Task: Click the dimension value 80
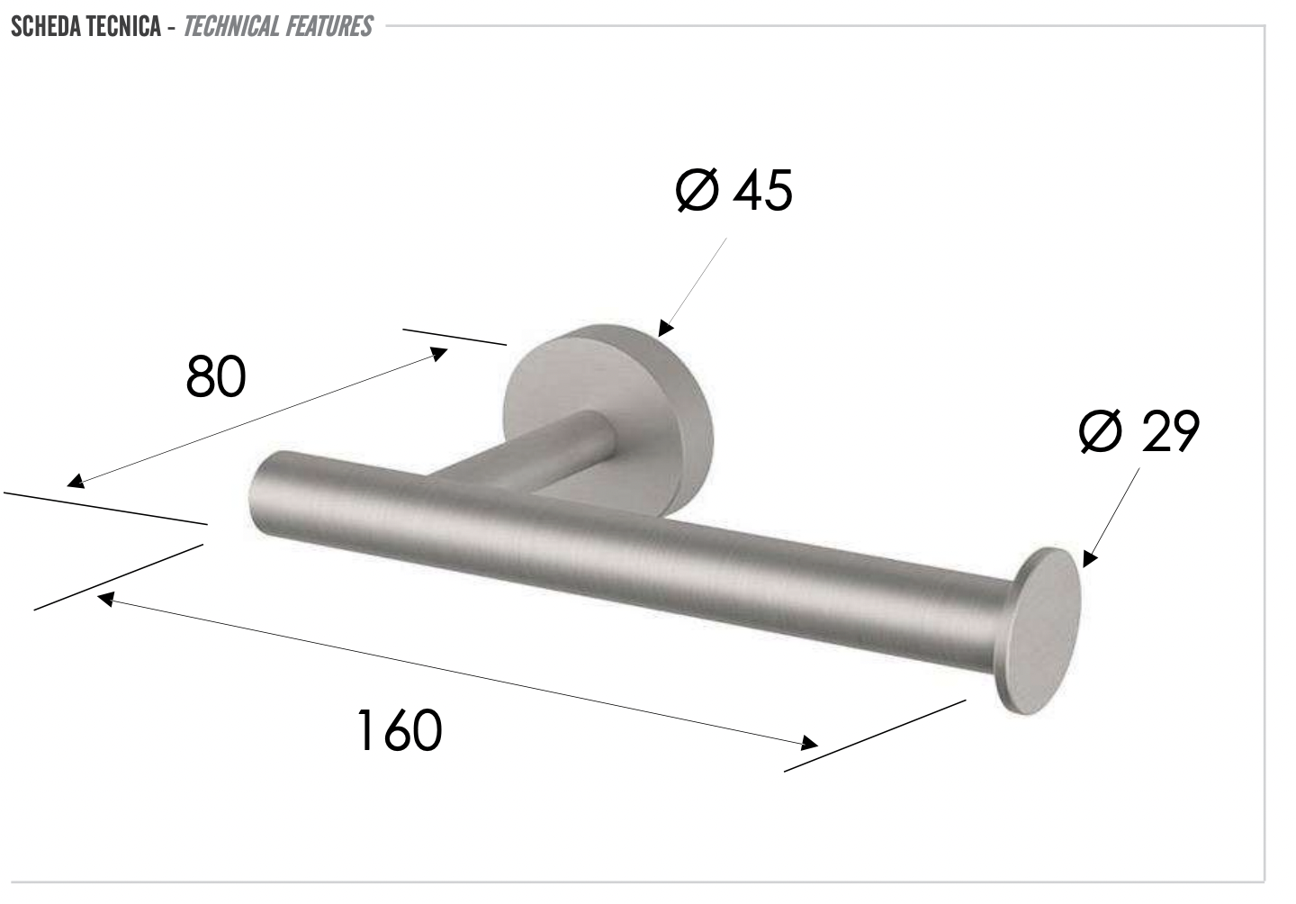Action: click(216, 377)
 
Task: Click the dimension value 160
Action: click(399, 730)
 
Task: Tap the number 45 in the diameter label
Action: click(762, 190)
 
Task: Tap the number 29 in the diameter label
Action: click(1169, 431)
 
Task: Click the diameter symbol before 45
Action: click(697, 190)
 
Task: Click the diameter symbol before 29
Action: click(1100, 431)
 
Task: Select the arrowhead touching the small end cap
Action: click(1090, 557)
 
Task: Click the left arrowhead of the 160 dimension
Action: click(106, 598)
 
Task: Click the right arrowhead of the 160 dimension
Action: click(808, 743)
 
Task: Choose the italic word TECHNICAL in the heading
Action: click(232, 26)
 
